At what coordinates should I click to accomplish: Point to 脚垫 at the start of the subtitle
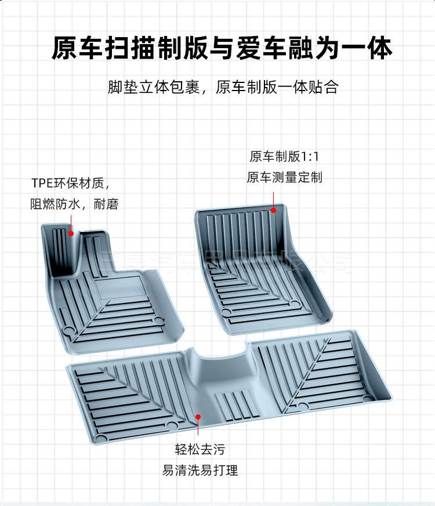(121, 88)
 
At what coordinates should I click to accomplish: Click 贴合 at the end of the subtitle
(325, 88)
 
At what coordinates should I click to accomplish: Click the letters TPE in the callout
(42, 184)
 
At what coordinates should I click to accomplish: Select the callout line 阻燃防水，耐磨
(74, 204)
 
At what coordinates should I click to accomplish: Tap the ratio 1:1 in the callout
(312, 157)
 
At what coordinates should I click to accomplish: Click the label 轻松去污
(200, 449)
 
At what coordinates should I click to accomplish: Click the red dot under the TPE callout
(71, 234)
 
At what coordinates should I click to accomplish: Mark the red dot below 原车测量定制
(274, 209)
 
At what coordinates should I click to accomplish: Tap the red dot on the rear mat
(198, 417)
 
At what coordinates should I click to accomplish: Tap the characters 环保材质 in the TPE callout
(82, 184)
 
